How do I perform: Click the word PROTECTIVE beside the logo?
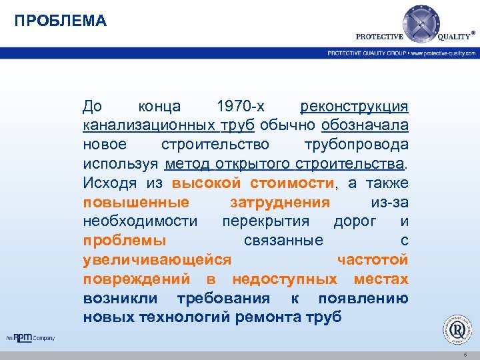tap(379, 37)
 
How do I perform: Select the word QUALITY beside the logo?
tap(455, 37)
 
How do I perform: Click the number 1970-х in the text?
tap(241, 106)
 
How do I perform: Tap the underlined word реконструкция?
tap(355, 106)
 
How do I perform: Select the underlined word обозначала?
tap(365, 125)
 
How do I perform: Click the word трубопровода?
tap(356, 145)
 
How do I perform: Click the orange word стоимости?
tap(293, 183)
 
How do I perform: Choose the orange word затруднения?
tap(279, 203)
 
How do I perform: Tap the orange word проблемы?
tap(125, 241)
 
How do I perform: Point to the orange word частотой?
tap(373, 260)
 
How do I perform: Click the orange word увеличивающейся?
tap(157, 260)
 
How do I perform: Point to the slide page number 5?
tap(465, 354)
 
